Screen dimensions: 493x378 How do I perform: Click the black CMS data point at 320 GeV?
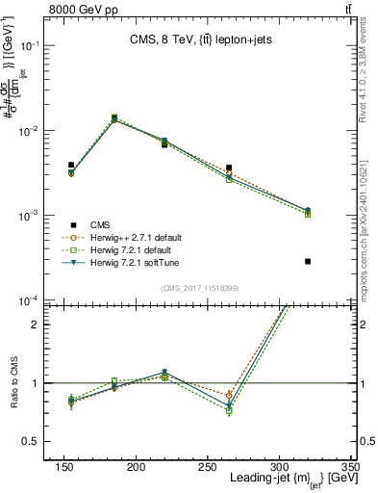pos(308,261)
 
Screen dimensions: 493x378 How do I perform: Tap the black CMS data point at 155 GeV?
pos(71,165)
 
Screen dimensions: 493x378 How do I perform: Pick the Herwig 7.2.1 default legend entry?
pos(137,249)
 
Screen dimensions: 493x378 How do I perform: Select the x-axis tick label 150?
pos(64,466)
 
